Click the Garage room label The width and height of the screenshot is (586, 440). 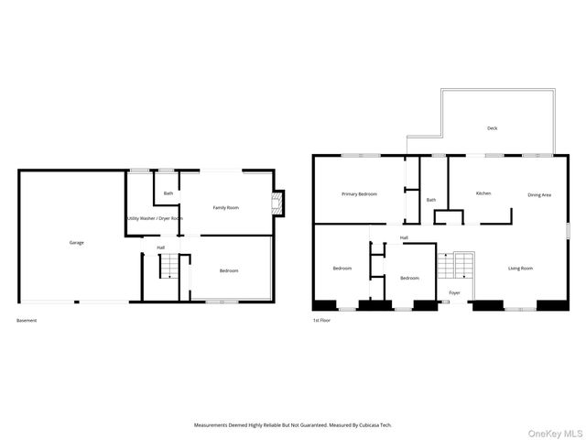pyautogui.click(x=77, y=243)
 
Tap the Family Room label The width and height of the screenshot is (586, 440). pyautogui.click(x=226, y=208)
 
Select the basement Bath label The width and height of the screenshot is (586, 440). pyautogui.click(x=168, y=193)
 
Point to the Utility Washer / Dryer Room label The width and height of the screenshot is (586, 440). pyautogui.click(x=155, y=218)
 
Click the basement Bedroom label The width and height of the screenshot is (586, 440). pyautogui.click(x=229, y=270)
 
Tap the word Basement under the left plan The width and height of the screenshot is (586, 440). pyautogui.click(x=27, y=321)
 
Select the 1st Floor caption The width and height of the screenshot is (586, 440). pyautogui.click(x=322, y=321)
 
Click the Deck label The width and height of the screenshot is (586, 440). pyautogui.click(x=492, y=128)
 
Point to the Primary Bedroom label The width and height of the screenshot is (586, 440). pyautogui.click(x=359, y=194)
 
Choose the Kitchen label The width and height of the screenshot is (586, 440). pyautogui.click(x=483, y=193)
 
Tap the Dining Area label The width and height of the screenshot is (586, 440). pyautogui.click(x=539, y=194)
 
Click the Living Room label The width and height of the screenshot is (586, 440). pyautogui.click(x=521, y=268)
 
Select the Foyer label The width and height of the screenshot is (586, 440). pyautogui.click(x=454, y=293)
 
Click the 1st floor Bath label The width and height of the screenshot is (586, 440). pyautogui.click(x=431, y=200)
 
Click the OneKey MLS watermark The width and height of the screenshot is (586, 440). pyautogui.click(x=559, y=433)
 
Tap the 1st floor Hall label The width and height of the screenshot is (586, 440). pyautogui.click(x=404, y=237)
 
